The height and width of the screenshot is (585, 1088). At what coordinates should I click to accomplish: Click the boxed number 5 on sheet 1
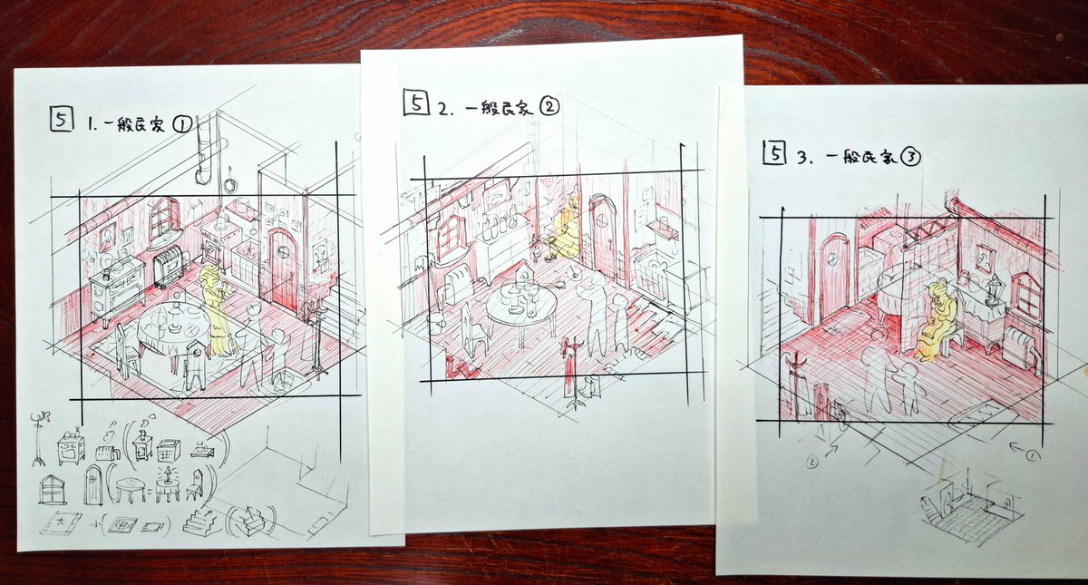coord(62,120)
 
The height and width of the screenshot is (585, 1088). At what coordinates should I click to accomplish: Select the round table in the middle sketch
coord(521,309)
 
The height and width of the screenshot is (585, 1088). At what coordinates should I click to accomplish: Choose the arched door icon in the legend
coord(93,485)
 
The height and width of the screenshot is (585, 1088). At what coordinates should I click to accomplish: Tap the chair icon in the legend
coord(195,485)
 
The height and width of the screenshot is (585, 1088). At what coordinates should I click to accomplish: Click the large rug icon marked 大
coord(60,524)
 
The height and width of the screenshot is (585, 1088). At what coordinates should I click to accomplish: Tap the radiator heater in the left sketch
coord(168,267)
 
